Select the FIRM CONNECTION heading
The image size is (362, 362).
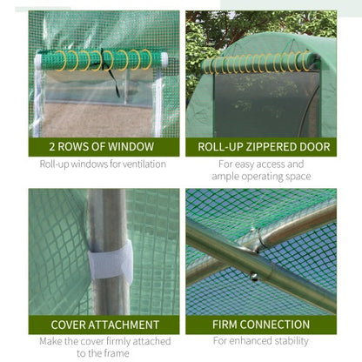pos(261,325)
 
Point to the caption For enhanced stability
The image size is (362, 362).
pos(261,341)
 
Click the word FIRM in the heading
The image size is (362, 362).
pos(228,325)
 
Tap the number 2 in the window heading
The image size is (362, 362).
pos(54,147)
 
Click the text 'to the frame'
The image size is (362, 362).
pos(104,352)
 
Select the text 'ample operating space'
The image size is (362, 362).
pos(261,176)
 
